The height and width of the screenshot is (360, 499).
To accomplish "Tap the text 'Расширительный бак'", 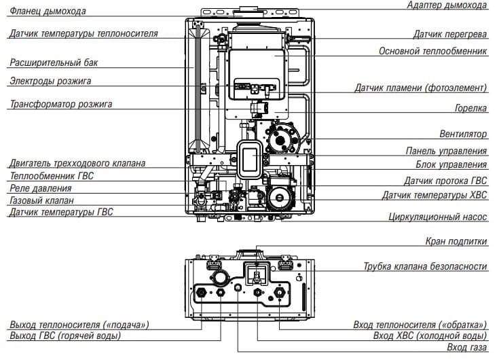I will (54, 63).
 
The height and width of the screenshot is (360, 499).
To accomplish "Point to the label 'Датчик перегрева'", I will (450, 34).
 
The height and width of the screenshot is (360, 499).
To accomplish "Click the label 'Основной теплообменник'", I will (433, 51).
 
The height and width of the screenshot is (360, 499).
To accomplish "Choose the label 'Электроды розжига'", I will (50, 82).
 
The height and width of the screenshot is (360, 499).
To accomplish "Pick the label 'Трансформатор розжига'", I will (60, 105).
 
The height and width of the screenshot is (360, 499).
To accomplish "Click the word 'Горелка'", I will (470, 108).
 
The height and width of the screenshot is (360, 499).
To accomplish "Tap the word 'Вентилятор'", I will (463, 134).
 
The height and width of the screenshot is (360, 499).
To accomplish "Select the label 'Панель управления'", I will (446, 151).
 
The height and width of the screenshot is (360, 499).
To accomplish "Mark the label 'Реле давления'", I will (40, 187).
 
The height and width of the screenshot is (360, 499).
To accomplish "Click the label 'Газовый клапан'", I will (41, 200).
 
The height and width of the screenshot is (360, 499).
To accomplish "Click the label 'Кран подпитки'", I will (456, 241).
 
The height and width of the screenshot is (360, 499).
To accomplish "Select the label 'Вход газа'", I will (466, 348).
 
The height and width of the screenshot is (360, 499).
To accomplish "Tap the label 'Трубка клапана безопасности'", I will (425, 266).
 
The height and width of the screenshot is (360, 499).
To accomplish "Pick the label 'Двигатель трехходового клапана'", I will (77, 163).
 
